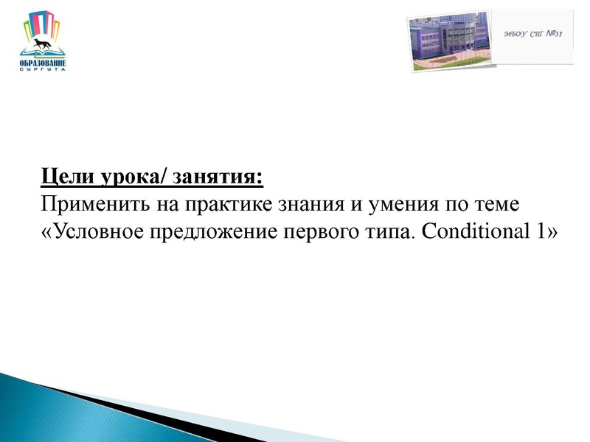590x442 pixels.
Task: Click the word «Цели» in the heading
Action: tap(60, 178)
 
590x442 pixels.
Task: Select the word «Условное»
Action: tap(95, 231)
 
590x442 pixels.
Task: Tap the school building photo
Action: tap(448, 43)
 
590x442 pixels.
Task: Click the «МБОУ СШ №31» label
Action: tap(532, 35)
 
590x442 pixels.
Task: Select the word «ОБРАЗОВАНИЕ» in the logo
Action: tap(43, 63)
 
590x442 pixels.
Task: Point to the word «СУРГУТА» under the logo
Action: tap(43, 69)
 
